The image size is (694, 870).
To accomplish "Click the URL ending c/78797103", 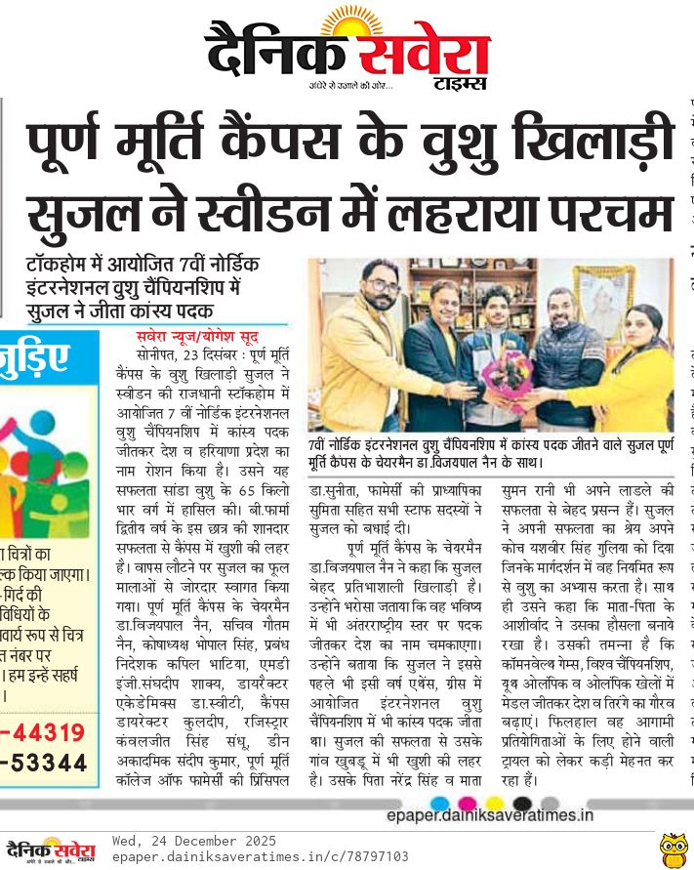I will click(260, 856).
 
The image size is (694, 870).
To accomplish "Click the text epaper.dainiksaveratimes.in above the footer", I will click(490, 814).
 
